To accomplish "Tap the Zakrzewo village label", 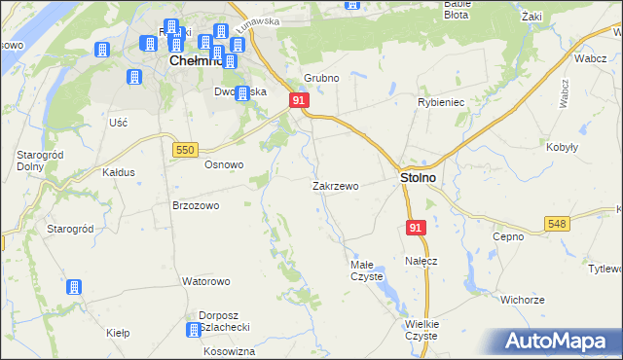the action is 336,185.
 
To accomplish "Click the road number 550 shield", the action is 185,149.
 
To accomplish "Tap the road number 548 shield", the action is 557,224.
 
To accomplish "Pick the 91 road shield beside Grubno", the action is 299,100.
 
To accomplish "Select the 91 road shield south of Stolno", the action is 416,227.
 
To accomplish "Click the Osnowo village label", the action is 223,164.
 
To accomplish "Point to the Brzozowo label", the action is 195,205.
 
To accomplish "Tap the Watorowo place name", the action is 205,281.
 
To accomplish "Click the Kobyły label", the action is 565,147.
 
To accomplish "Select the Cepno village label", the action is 507,235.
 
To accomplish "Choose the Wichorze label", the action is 522,300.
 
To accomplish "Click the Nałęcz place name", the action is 421,261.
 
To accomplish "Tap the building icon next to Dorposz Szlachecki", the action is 194,330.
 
